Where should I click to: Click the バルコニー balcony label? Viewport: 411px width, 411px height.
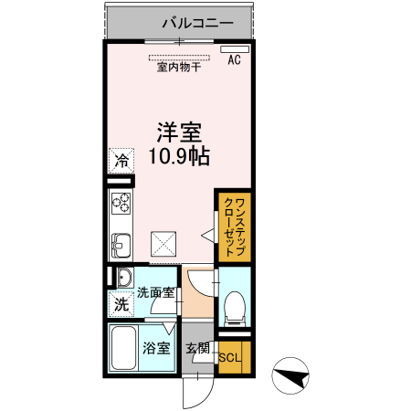[198, 22]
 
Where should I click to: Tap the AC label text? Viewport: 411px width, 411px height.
[234, 61]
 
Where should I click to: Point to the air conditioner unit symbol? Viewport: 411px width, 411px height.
[234, 47]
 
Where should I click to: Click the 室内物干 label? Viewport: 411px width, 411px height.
[180, 67]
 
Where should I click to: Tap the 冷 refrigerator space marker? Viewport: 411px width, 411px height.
[121, 159]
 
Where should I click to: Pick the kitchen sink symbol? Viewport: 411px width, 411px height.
[121, 244]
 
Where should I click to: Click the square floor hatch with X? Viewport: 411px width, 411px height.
[165, 244]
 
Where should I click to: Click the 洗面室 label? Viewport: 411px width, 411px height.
[155, 293]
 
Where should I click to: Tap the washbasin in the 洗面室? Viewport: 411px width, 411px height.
[122, 278]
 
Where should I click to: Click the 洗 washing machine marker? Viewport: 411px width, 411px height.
[121, 305]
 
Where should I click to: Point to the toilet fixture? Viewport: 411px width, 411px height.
[234, 305]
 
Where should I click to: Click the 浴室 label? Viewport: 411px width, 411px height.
[155, 347]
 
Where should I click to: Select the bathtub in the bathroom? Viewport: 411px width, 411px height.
[122, 348]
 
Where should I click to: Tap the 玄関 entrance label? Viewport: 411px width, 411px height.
[197, 347]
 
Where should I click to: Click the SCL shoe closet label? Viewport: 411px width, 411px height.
[230, 357]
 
